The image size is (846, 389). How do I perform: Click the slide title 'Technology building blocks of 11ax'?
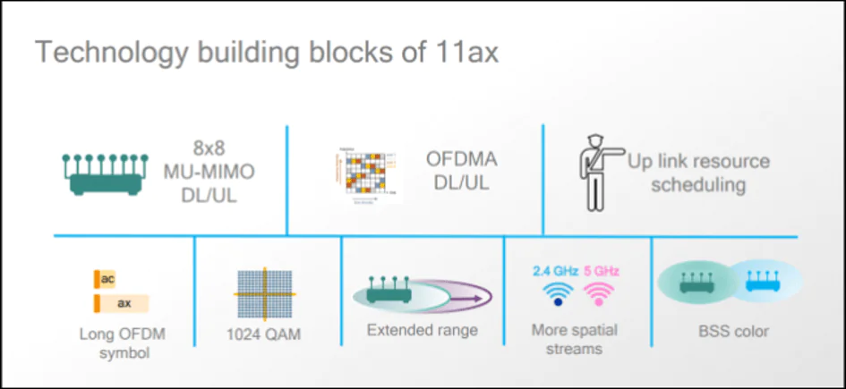point(266,51)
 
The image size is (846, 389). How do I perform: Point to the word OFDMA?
point(462,160)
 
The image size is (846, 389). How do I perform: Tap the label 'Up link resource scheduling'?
point(698,173)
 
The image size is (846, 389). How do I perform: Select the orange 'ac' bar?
point(105,280)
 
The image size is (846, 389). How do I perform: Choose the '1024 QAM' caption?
point(263,335)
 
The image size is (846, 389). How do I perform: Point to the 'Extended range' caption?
point(423,330)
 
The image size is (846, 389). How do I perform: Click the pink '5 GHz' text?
point(601,271)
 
